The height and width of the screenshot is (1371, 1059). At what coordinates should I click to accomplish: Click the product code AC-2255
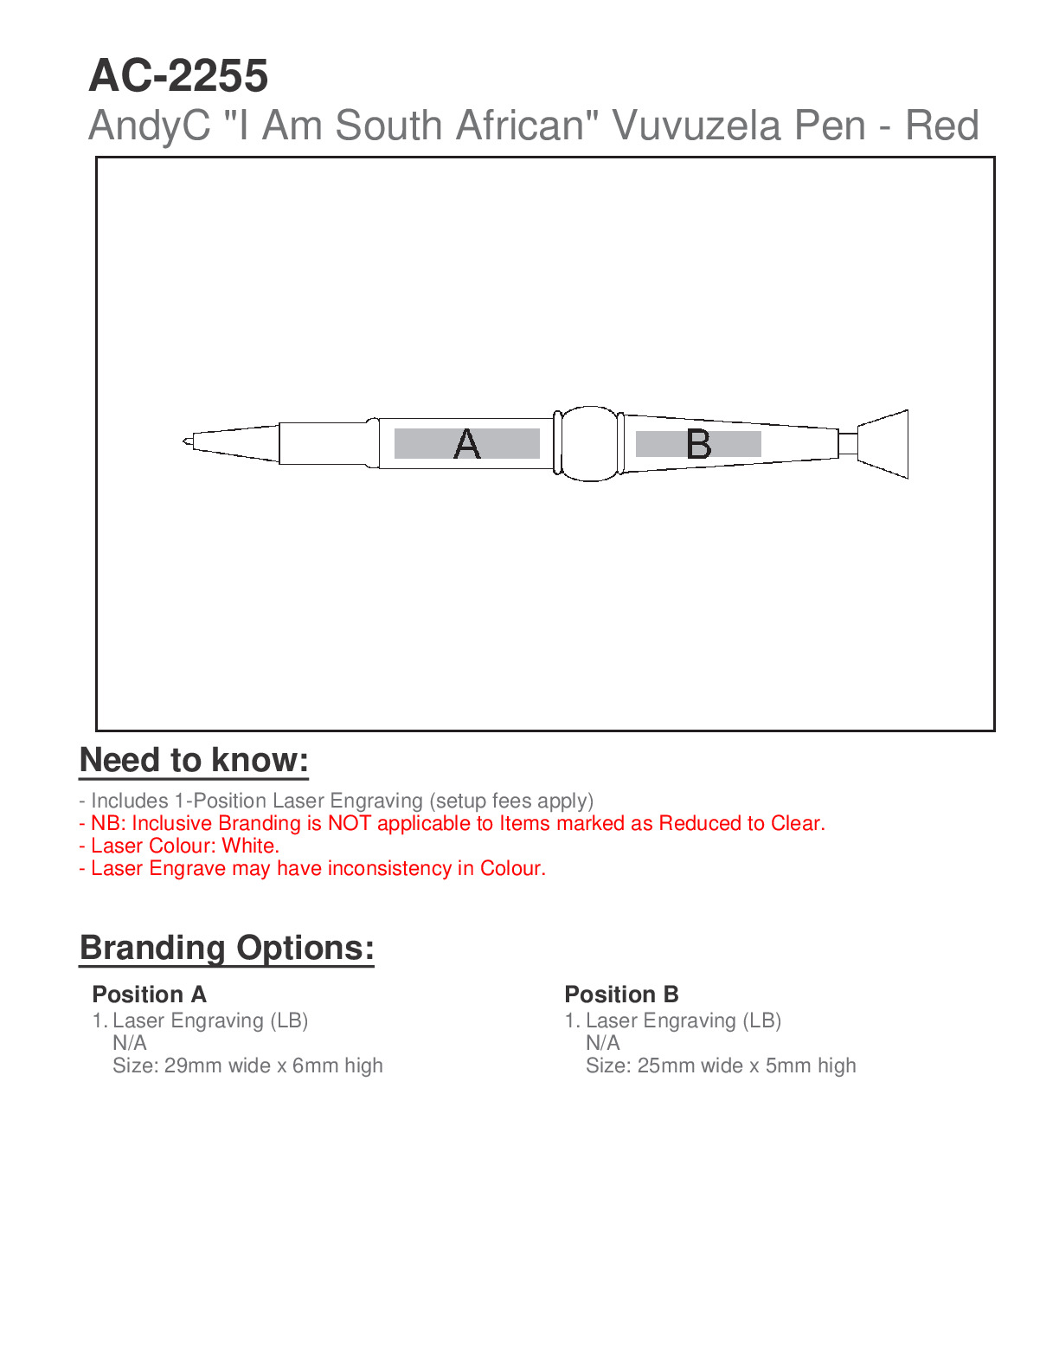178,76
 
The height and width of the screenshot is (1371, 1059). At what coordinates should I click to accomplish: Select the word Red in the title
941,126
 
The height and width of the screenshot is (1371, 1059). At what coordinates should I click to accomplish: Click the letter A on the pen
467,444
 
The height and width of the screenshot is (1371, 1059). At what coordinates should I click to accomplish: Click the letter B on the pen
698,444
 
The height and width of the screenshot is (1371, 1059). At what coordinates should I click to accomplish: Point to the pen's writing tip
187,442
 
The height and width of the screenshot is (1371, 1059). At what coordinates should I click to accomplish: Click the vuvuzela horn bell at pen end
884,444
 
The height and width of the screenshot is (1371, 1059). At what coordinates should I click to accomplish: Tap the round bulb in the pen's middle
591,443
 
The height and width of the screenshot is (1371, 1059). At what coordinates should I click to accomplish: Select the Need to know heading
194,760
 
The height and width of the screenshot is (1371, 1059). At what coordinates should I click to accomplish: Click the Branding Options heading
227,948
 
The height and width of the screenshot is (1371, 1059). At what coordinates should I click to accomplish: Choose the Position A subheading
149,994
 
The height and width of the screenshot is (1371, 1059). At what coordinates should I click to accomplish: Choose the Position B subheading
621,994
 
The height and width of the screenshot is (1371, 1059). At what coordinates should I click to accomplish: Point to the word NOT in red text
350,823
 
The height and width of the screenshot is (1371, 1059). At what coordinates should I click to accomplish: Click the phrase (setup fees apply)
511,801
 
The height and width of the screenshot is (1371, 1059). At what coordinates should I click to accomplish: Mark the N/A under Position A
130,1043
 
